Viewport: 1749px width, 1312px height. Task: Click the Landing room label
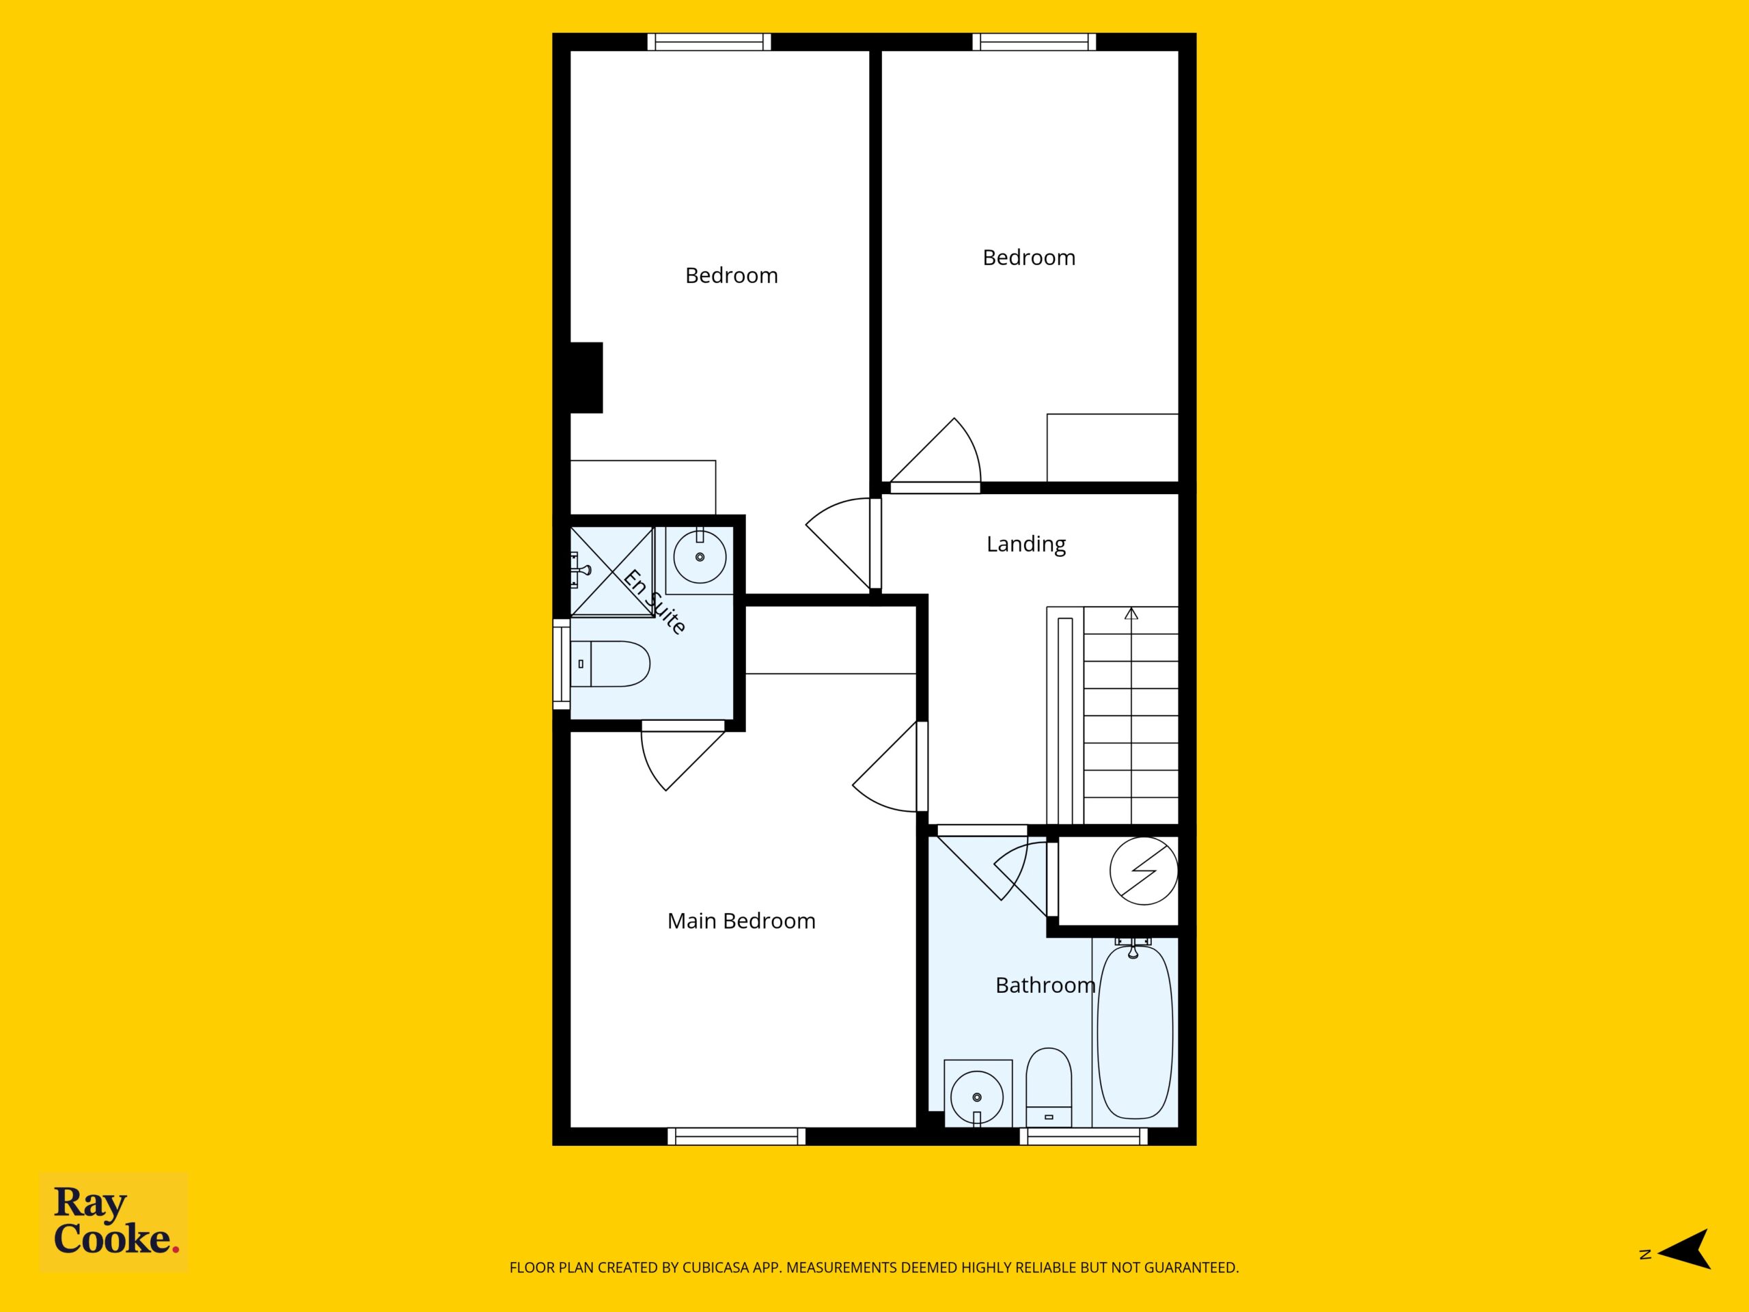1025,544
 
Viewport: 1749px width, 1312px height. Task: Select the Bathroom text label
1045,985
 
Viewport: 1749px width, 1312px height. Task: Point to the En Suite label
655,601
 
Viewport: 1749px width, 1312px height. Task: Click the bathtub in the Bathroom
1135,1031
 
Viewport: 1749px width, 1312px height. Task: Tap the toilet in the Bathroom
1049,1086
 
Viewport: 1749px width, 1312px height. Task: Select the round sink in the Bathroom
977,1097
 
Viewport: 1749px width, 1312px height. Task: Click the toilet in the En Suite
610,664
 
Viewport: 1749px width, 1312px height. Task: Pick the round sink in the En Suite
700,557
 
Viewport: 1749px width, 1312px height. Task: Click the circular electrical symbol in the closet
1143,871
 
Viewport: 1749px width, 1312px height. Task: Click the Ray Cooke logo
114,1221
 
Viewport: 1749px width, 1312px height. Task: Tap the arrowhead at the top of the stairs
1131,613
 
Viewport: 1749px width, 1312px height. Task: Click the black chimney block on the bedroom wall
586,377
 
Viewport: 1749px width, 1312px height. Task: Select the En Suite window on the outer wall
562,664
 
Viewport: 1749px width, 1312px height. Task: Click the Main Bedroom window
736,1136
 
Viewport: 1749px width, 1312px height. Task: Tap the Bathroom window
1084,1136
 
